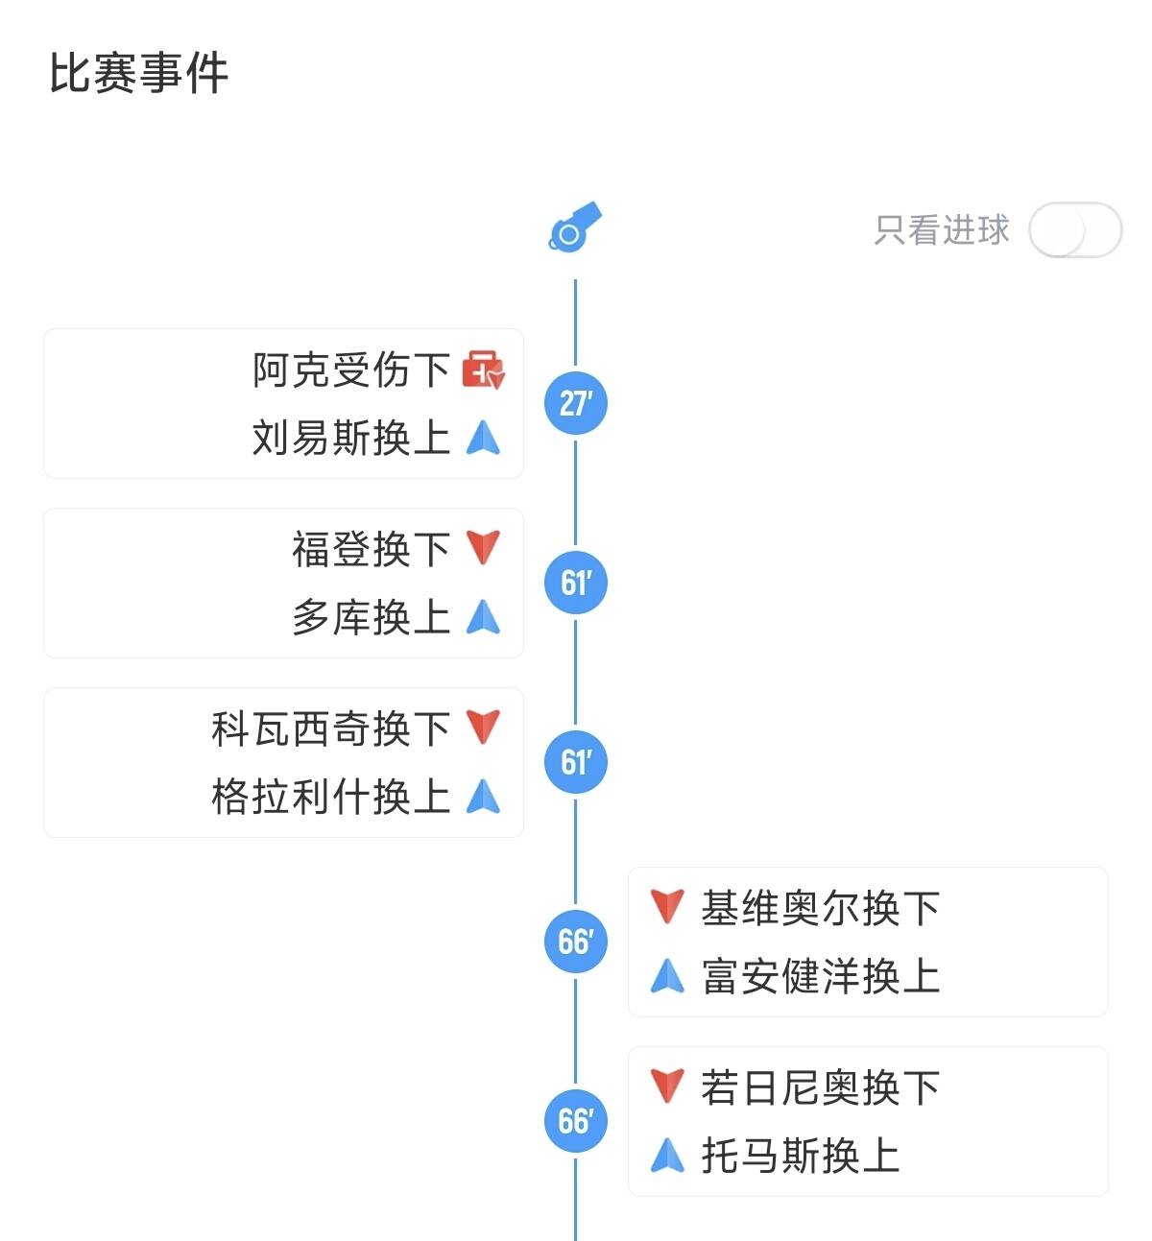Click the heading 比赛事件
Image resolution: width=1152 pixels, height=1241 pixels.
pyautogui.click(x=139, y=74)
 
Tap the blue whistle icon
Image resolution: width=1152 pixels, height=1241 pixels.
pyautogui.click(x=575, y=227)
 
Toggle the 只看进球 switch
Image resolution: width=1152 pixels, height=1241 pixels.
pyautogui.click(x=1074, y=230)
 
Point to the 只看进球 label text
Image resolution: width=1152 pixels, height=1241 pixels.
pyautogui.click(x=942, y=230)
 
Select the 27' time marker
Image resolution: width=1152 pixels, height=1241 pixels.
pyautogui.click(x=576, y=403)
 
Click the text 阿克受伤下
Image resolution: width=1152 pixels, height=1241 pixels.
pyautogui.click(x=350, y=370)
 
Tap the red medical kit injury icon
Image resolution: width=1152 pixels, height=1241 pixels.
pyautogui.click(x=483, y=370)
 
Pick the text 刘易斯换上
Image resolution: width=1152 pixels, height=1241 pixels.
pyautogui.click(x=350, y=439)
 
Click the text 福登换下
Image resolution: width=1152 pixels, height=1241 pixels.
pyautogui.click(x=371, y=550)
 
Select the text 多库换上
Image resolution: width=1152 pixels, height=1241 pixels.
pyautogui.click(x=371, y=618)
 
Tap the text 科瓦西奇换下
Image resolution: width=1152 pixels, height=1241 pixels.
pyautogui.click(x=330, y=729)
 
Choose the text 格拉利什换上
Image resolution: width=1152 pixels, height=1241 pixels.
pyautogui.click(x=330, y=798)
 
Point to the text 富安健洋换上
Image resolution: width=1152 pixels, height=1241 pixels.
pyautogui.click(x=821, y=977)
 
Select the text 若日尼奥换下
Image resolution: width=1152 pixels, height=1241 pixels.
pyautogui.click(x=821, y=1088)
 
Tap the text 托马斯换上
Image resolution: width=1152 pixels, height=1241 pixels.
pyautogui.click(x=801, y=1157)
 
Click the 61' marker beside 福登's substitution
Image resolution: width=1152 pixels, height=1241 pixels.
pyautogui.click(x=576, y=583)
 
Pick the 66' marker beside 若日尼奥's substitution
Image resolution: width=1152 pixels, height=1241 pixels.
pyautogui.click(x=576, y=1121)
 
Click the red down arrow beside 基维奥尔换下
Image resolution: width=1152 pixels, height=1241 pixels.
pyautogui.click(x=667, y=906)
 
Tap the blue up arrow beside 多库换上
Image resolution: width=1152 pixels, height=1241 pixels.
pyautogui.click(x=483, y=617)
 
